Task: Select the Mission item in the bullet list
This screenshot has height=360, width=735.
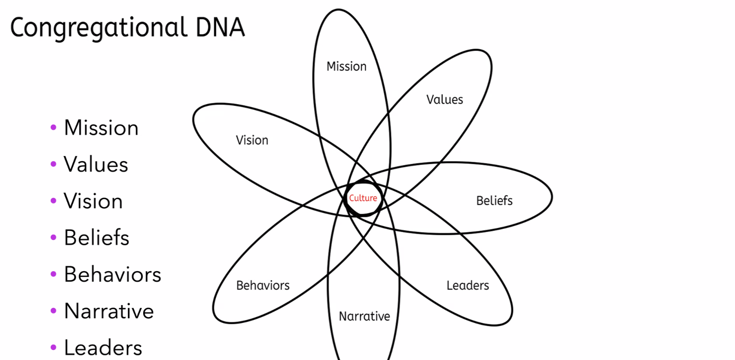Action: coord(101,128)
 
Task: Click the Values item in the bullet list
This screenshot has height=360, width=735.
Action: coord(96,164)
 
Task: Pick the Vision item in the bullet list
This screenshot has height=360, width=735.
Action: coord(93,201)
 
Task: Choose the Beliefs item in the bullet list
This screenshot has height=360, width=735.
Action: coord(97,238)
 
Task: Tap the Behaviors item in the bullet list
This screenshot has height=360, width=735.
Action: coord(113,274)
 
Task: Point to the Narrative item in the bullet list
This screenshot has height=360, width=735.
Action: coord(109,311)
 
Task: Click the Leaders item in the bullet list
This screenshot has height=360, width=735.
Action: coord(103,348)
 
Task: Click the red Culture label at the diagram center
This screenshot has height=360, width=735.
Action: coord(363,198)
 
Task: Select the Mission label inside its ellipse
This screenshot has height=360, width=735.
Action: coord(347,67)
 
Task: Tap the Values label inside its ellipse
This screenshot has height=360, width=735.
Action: coord(445,99)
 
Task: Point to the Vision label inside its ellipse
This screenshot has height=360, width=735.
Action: coord(252,140)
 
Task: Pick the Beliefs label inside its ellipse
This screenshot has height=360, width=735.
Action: coord(495,201)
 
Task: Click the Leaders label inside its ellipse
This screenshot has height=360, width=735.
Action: coord(468,285)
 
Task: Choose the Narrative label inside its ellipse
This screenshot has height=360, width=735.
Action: coord(365,317)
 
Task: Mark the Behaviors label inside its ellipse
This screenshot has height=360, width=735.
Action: coord(263,285)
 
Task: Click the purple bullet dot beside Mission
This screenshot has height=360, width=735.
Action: coord(53,128)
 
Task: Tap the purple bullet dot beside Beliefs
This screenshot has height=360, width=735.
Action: coord(53,238)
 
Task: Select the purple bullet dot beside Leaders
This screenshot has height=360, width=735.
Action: coord(53,348)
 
